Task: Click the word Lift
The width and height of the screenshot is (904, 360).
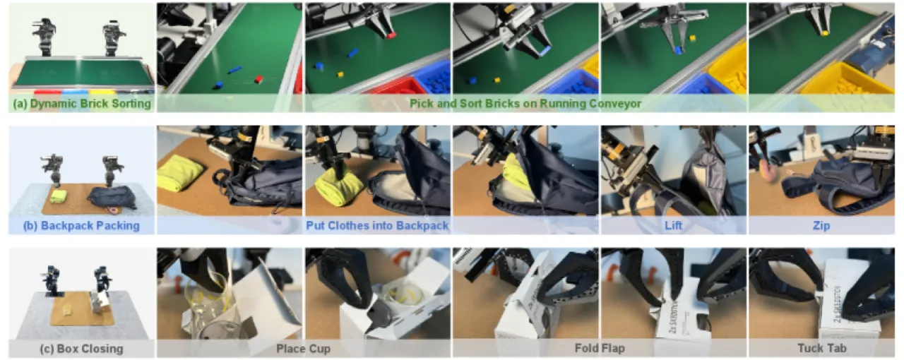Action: point(673,225)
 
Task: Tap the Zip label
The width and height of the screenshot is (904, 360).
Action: point(821,225)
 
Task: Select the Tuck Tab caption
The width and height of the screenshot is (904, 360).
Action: point(821,348)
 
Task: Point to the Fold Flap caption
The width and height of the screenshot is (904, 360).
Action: point(600,348)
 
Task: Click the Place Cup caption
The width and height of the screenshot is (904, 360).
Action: point(304,349)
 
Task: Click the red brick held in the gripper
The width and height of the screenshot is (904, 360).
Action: point(391,35)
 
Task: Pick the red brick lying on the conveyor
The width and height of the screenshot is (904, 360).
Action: point(258,79)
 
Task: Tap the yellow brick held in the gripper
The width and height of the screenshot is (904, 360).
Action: point(825,32)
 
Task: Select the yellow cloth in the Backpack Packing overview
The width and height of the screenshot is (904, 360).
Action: point(59,196)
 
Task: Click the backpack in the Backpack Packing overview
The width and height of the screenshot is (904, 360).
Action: point(111,197)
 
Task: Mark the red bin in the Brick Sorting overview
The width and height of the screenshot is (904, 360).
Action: point(47,92)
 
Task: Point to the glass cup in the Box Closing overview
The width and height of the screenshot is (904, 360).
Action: point(67,311)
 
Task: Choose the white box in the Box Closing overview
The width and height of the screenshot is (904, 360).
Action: point(100,303)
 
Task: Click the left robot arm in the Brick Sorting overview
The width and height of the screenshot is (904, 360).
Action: point(44,36)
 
